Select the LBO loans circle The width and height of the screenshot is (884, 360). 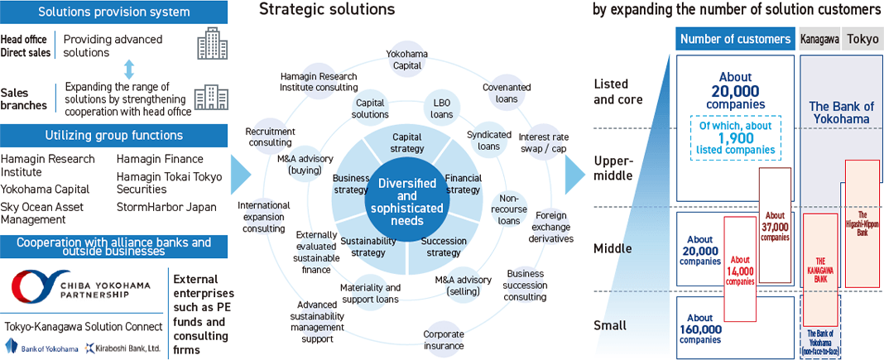441,108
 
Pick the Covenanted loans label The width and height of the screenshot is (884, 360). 500,92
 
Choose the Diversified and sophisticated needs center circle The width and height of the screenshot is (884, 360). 406,194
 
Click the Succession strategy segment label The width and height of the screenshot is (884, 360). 444,247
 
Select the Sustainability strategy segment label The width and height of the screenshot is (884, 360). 368,247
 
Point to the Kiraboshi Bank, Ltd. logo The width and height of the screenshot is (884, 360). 123,348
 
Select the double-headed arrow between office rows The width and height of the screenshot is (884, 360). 127,70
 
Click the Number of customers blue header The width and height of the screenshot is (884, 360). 735,39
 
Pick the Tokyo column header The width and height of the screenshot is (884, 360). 862,39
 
